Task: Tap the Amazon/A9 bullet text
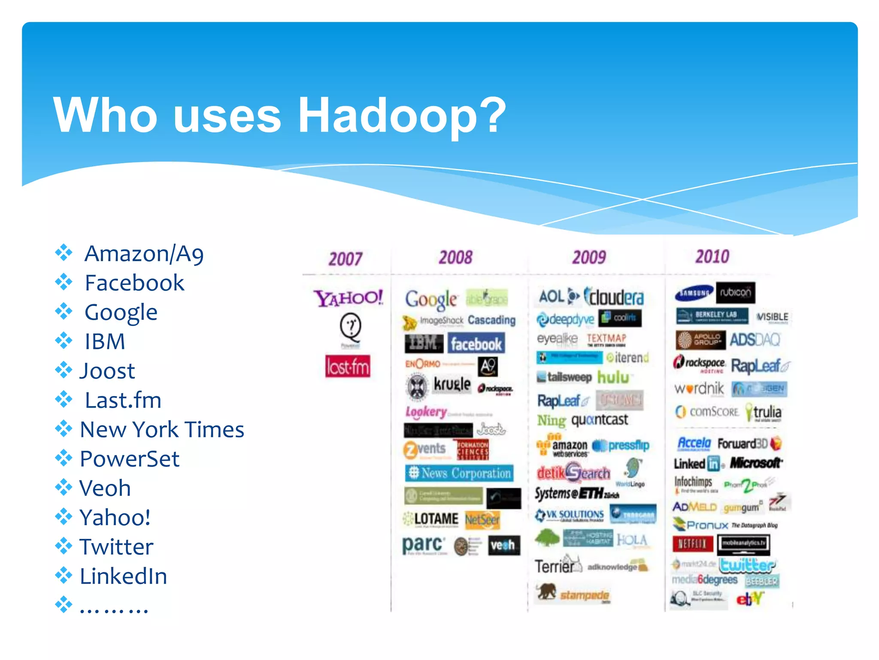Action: tap(144, 254)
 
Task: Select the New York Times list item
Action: tap(162, 430)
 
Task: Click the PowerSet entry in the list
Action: tap(129, 459)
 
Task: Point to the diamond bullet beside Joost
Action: tap(64, 370)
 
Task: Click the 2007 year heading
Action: tap(346, 259)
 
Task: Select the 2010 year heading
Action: tap(712, 257)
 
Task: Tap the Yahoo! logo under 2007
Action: tap(348, 298)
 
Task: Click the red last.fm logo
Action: tap(348, 367)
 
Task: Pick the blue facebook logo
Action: tap(476, 344)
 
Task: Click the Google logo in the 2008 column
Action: tap(431, 299)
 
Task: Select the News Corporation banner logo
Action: tap(459, 473)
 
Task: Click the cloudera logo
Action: tap(614, 297)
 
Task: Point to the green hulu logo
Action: tap(613, 377)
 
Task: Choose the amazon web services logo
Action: tap(564, 447)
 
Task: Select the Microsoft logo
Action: tap(755, 463)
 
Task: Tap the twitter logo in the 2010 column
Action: tap(747, 565)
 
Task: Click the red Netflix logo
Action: tap(692, 544)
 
